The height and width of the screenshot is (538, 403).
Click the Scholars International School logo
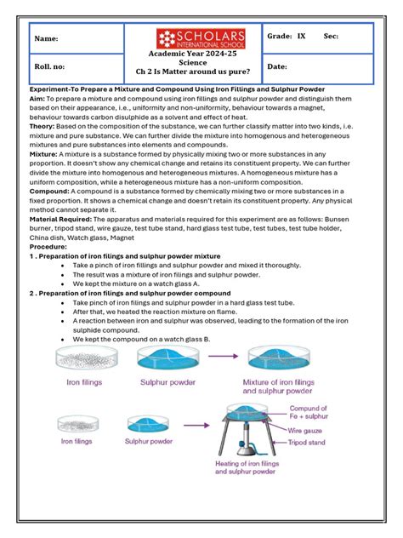[x=201, y=38]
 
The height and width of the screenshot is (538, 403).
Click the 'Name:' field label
[x=47, y=39]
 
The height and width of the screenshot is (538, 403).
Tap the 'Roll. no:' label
[x=49, y=66]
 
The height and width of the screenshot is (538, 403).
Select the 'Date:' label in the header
[x=277, y=66]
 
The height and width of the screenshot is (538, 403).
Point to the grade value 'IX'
[x=301, y=37]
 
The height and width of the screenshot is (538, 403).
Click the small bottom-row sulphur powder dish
[x=150, y=424]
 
